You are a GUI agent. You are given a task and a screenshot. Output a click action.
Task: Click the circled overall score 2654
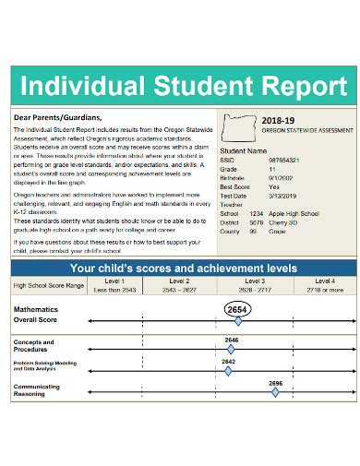coord(238,307)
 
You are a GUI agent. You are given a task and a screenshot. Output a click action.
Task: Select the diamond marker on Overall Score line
coord(238,321)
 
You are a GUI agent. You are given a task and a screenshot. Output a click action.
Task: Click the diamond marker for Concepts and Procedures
coord(231,350)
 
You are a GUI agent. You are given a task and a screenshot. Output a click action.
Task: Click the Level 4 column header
coord(324,280)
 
